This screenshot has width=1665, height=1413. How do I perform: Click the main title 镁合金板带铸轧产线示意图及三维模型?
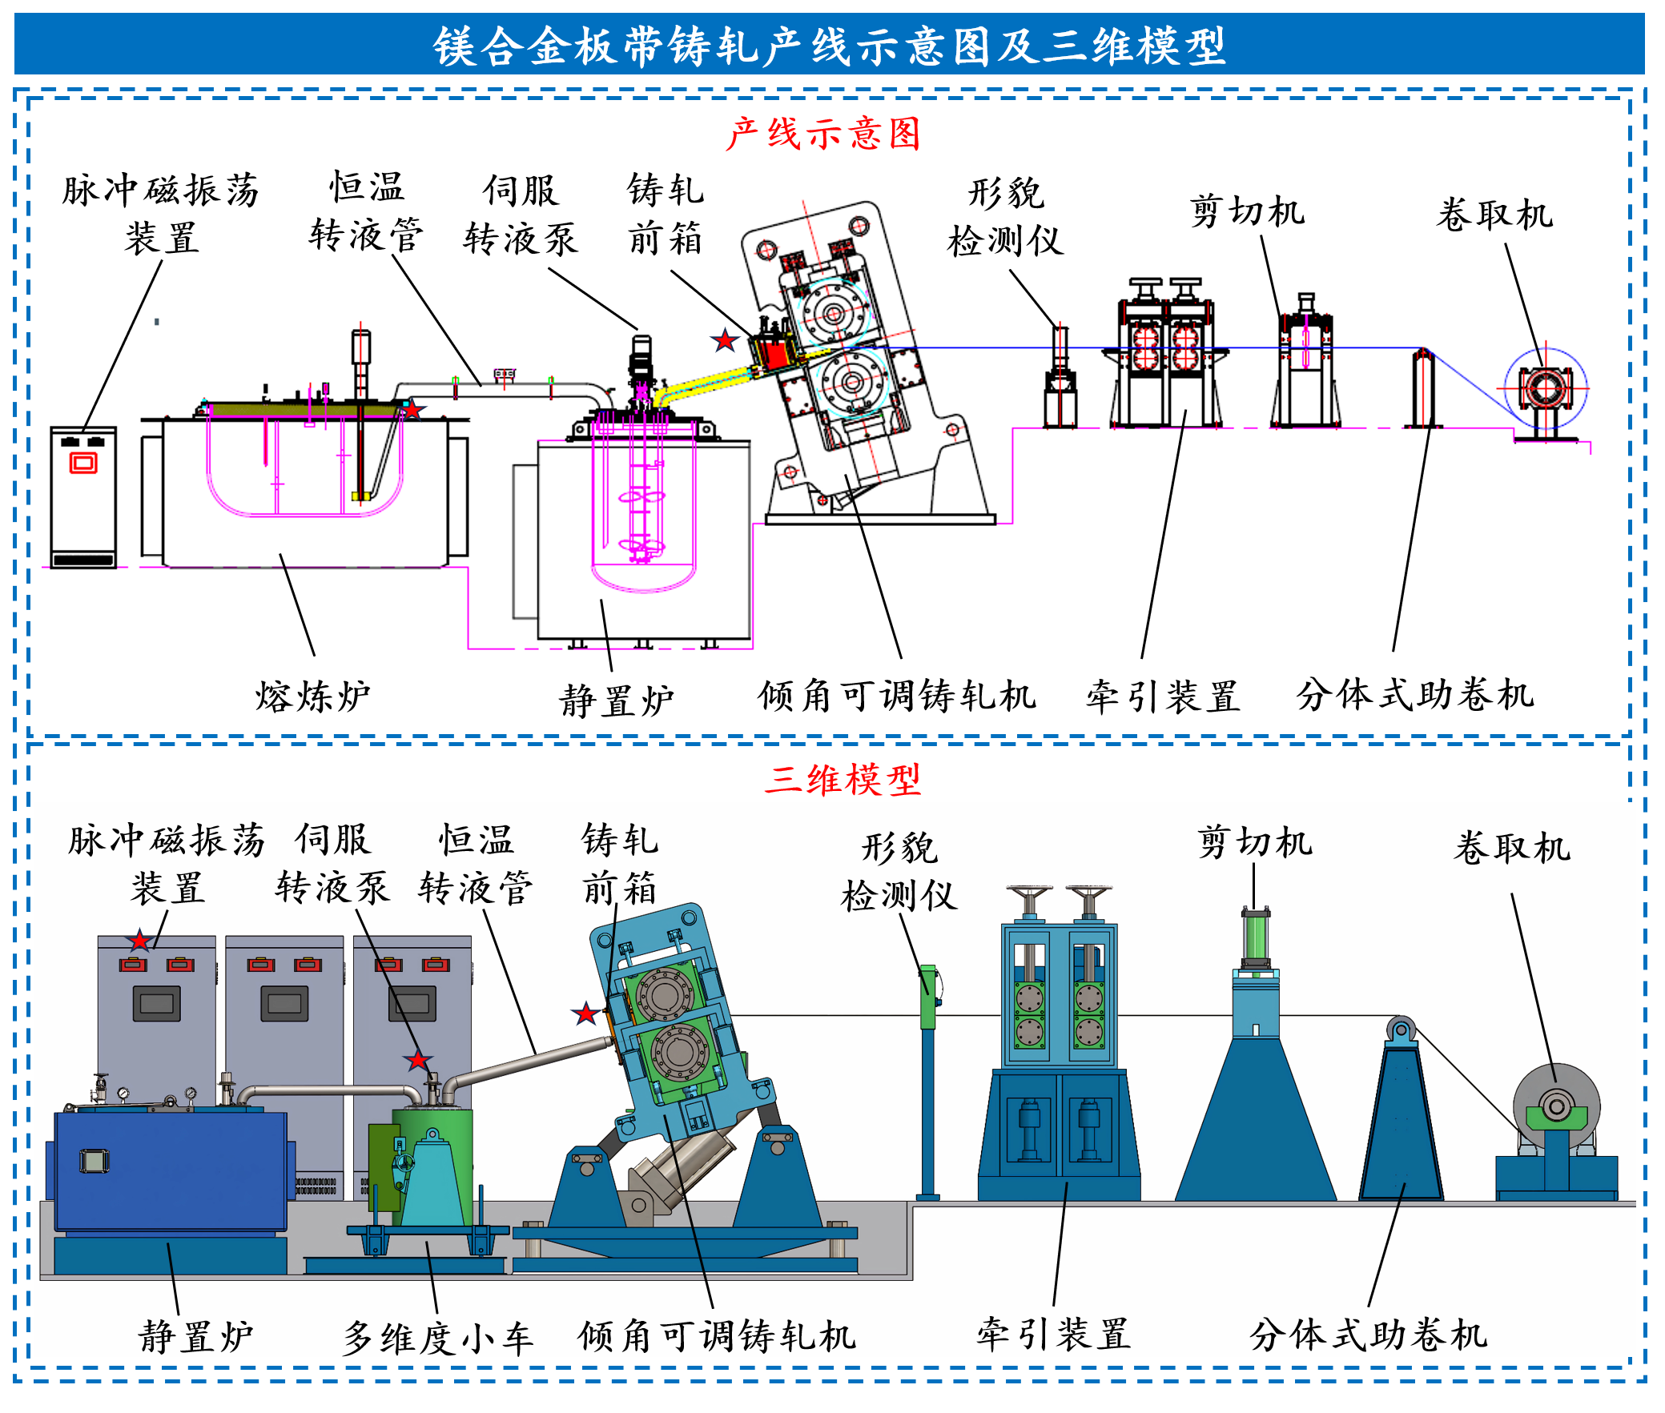[x=829, y=46]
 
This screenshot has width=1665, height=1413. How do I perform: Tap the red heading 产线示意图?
[x=822, y=134]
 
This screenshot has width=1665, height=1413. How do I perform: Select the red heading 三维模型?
[x=843, y=779]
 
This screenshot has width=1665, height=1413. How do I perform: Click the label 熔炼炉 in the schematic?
[x=312, y=696]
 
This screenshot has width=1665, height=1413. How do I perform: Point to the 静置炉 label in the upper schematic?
[x=616, y=700]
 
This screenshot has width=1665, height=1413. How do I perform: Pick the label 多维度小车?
[x=437, y=1339]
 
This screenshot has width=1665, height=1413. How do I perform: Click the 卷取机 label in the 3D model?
[x=1512, y=848]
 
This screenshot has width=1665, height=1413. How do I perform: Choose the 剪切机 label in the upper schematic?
[x=1247, y=211]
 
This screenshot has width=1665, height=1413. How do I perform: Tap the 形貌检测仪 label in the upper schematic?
[x=1006, y=216]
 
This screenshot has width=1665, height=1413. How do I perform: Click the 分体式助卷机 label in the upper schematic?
[x=1415, y=694]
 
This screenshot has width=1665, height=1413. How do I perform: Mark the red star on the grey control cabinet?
[x=140, y=941]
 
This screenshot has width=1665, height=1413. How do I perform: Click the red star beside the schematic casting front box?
[x=725, y=340]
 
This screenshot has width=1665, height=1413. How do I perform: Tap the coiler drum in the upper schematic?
[x=1545, y=389]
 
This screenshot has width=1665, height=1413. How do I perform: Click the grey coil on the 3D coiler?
[x=1556, y=1090]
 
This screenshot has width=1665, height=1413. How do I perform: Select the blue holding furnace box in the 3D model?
[x=170, y=1170]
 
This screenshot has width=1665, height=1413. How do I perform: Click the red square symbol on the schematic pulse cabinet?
[x=83, y=463]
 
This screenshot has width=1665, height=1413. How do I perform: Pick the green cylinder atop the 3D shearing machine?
[x=1256, y=938]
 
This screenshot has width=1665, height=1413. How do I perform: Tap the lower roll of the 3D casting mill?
[x=680, y=1051]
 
